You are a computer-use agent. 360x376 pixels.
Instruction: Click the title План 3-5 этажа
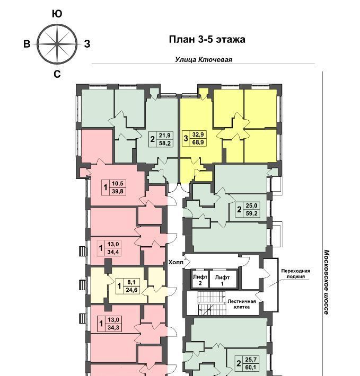click(207, 40)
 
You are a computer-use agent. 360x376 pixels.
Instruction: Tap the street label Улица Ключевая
click(204, 59)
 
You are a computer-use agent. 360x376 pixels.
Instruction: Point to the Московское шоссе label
click(327, 283)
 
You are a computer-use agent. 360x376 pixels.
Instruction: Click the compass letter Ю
click(57, 14)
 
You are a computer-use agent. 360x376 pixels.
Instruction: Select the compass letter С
click(57, 74)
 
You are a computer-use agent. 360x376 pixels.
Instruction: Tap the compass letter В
click(27, 44)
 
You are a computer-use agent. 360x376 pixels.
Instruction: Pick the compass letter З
click(87, 44)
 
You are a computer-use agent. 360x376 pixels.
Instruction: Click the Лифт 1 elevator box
click(223, 279)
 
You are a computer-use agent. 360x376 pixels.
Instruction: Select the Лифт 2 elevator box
click(200, 279)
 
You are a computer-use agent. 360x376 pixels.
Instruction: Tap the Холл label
click(175, 262)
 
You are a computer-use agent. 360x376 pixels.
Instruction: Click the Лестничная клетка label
click(242, 304)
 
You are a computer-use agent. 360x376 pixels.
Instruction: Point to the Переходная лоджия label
click(296, 274)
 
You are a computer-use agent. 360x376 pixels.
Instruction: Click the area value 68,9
click(198, 142)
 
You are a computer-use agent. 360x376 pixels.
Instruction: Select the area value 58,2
click(165, 143)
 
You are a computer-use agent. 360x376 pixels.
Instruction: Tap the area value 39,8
click(118, 191)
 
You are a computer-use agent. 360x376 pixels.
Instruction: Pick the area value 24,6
click(131, 290)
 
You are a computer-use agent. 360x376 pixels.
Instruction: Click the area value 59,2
click(251, 213)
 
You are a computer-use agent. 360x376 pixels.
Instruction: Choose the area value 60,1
click(251, 367)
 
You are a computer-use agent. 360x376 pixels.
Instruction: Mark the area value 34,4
click(113, 252)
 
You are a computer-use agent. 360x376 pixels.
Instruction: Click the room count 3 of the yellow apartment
click(186, 138)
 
